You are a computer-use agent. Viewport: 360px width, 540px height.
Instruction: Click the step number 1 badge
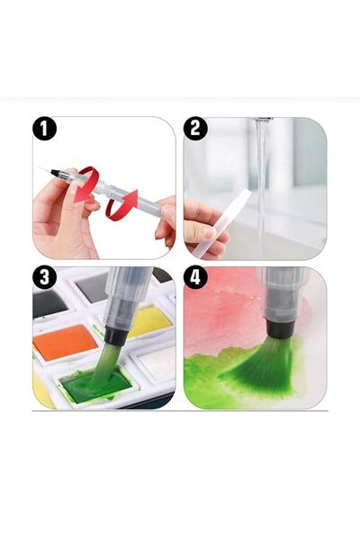tap(44, 129)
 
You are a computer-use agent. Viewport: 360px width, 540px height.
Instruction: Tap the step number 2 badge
tap(195, 129)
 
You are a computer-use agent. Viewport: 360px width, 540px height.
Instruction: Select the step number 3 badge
tap(44, 277)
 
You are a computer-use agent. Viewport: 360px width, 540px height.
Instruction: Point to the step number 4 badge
tap(195, 277)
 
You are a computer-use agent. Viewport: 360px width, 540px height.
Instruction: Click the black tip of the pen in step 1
tap(56, 173)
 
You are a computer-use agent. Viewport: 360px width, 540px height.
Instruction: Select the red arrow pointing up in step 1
tap(121, 204)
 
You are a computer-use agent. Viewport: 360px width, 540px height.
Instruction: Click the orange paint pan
tap(65, 342)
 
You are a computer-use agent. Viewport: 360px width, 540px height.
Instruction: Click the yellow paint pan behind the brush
tap(151, 321)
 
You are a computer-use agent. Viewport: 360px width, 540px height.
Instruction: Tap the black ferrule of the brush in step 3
tap(112, 335)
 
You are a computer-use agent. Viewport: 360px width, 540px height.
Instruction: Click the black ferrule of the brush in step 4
tap(281, 328)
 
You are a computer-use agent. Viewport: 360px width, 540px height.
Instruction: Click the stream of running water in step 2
tap(263, 186)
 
